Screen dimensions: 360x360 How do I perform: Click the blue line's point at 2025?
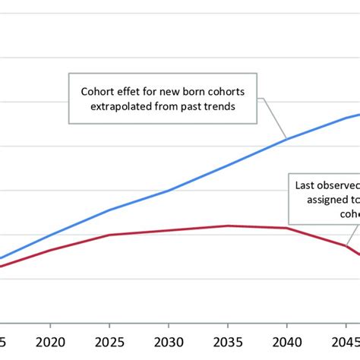pos(109,210)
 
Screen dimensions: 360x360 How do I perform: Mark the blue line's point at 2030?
pos(169,190)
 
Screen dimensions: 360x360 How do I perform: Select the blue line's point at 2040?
pos(287,138)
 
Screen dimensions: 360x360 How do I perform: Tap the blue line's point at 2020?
pos(50,235)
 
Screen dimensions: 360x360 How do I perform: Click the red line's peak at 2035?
pos(228,226)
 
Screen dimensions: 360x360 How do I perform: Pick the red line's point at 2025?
pos(109,235)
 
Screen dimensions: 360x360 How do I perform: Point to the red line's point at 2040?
pos(287,228)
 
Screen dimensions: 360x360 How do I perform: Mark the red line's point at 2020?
pos(50,250)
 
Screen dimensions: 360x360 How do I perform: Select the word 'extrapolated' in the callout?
pos(123,106)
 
